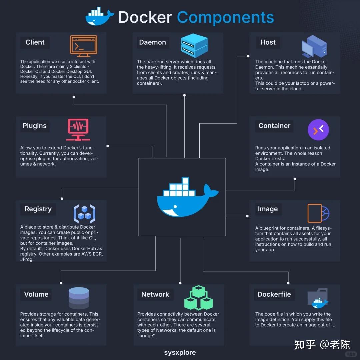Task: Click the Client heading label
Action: pyautogui.click(x=35, y=42)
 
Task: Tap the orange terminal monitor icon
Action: pyautogui.click(x=83, y=46)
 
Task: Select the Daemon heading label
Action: pyautogui.click(x=152, y=42)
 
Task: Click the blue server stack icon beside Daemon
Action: pyautogui.click(x=194, y=46)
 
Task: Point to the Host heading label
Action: pyautogui.click(x=268, y=42)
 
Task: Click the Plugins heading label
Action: pyautogui.click(x=35, y=126)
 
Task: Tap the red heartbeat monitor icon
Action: pyautogui.click(x=78, y=130)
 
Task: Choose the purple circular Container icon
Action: pyautogui.click(x=318, y=129)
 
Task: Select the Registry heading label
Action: pyautogui.click(x=38, y=209)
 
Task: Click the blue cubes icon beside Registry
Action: pyautogui.click(x=84, y=214)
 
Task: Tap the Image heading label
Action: pyautogui.click(x=268, y=209)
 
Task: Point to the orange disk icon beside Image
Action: pyautogui.click(x=318, y=213)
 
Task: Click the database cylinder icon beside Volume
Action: pyautogui.click(x=79, y=298)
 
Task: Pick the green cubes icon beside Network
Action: pyautogui.click(x=198, y=298)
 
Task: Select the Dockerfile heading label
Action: pyautogui.click(x=274, y=294)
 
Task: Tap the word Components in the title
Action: pyautogui.click(x=225, y=17)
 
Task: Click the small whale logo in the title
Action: pyautogui.click(x=99, y=17)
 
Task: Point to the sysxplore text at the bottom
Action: pyautogui.click(x=180, y=353)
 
